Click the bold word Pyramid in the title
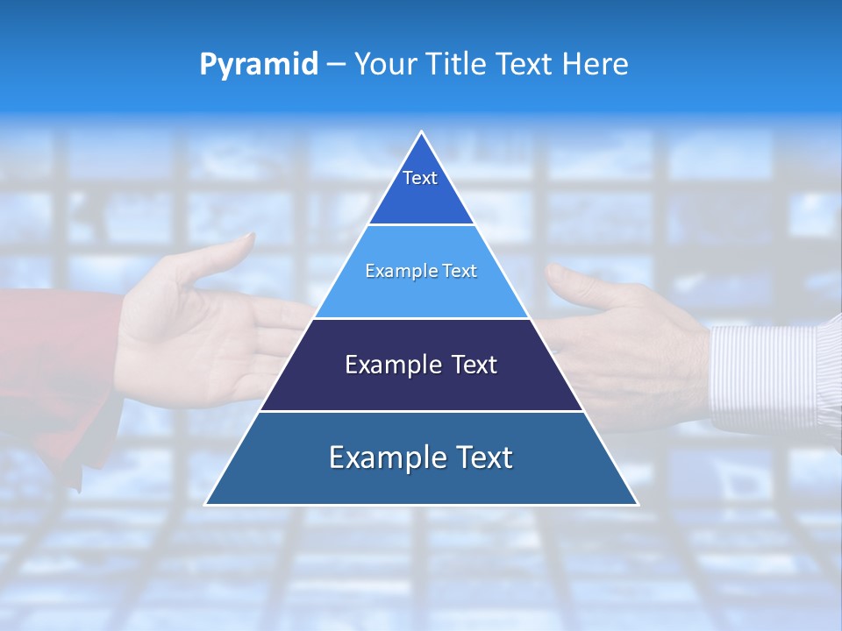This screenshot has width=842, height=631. click(259, 65)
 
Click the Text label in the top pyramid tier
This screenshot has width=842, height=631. click(420, 178)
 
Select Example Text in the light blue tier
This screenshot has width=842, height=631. click(421, 271)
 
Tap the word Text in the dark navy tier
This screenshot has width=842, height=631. click(473, 365)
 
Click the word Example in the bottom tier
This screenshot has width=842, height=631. click(384, 457)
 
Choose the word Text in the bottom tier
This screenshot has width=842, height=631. click(483, 457)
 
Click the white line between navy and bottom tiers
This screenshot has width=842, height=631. click(421, 411)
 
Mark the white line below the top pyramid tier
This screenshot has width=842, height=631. click(421, 224)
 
